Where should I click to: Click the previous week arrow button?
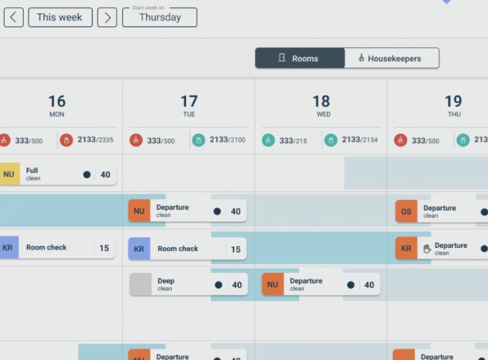[14, 17]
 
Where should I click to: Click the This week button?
[59, 17]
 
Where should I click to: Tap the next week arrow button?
[107, 17]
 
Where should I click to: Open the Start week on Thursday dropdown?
[160, 17]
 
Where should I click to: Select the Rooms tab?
[300, 58]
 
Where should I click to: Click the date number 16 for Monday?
[57, 101]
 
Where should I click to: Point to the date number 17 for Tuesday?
[189, 101]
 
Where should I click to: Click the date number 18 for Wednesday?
[321, 101]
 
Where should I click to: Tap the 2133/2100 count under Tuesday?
[227, 140]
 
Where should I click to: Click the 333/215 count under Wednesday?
[293, 141]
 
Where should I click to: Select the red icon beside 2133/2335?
[66, 140]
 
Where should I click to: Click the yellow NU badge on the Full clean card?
[9, 174]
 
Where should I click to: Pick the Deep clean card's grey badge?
[140, 285]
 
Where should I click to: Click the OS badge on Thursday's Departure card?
[406, 211]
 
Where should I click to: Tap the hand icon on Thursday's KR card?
[427, 248]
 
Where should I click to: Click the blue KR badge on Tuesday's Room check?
[139, 249]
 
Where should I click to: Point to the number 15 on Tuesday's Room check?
[236, 249]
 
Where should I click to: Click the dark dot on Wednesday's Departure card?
[351, 285]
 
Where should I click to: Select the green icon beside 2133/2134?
[330, 140]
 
